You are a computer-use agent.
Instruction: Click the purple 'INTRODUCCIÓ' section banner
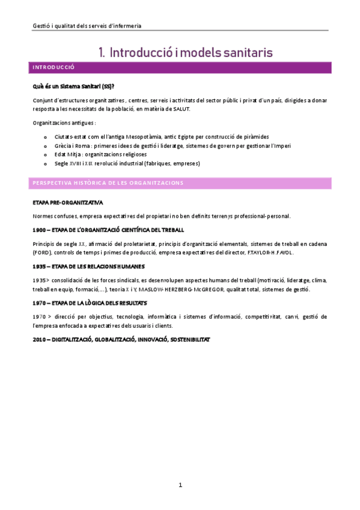53,67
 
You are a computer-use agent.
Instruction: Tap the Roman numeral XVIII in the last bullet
79,164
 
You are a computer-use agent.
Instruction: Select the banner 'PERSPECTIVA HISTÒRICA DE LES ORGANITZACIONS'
108,182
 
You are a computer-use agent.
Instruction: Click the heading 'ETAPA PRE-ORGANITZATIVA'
68,203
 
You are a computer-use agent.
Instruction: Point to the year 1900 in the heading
40,230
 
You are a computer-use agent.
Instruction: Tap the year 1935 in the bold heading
40,266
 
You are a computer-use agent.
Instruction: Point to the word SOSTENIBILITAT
191,339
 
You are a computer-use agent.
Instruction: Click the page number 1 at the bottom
180,485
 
